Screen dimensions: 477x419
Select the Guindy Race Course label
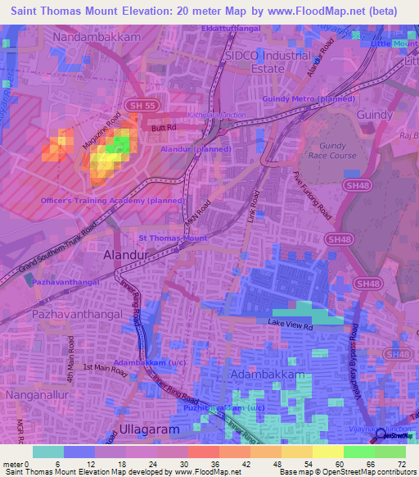pyautogui.click(x=332, y=149)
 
